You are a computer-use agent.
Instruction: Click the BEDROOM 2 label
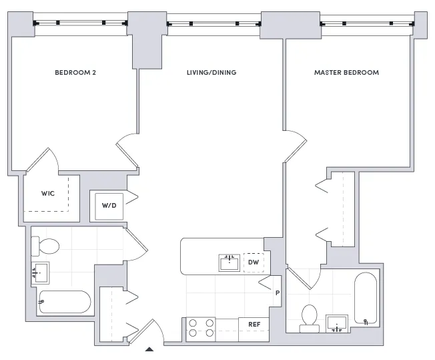[x=75, y=72]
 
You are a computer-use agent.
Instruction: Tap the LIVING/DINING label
[x=211, y=72]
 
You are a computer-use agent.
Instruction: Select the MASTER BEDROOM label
[x=346, y=72]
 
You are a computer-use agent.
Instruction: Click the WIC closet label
[x=47, y=193]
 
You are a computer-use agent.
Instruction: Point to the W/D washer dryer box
[x=108, y=205]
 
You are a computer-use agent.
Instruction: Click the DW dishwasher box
[x=253, y=262]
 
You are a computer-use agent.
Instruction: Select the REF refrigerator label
[x=254, y=325]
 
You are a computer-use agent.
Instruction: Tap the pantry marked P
[x=276, y=293]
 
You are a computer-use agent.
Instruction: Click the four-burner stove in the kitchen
[x=201, y=327]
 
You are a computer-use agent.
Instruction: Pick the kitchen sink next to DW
[x=230, y=262]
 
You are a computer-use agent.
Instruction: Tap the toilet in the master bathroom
[x=309, y=318]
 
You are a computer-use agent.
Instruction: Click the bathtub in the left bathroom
[x=65, y=303]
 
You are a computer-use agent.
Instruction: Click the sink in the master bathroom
[x=338, y=324]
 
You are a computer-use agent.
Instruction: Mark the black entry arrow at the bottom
[x=150, y=349]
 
